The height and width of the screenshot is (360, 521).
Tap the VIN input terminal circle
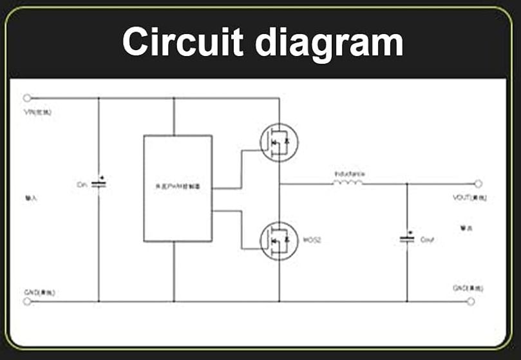coord(27,98)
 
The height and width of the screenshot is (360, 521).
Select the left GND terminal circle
coord(27,301)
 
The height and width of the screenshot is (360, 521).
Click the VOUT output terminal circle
coord(478,184)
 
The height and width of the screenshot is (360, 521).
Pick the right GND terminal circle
coord(471,301)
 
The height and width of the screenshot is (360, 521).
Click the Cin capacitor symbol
coord(99,184)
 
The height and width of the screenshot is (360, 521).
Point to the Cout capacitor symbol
coord(406,238)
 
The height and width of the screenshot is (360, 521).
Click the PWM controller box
coord(178,188)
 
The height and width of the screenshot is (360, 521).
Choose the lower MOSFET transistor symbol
coord(278,240)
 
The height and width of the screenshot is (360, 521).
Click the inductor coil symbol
coord(348,183)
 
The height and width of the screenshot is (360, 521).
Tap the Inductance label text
coord(350,173)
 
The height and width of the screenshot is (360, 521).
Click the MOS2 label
coord(312,240)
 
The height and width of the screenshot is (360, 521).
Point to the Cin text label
coord(82,185)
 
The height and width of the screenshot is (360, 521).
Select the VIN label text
coord(37,112)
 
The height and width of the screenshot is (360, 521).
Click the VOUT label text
coord(469,198)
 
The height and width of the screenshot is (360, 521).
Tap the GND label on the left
coord(39,292)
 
